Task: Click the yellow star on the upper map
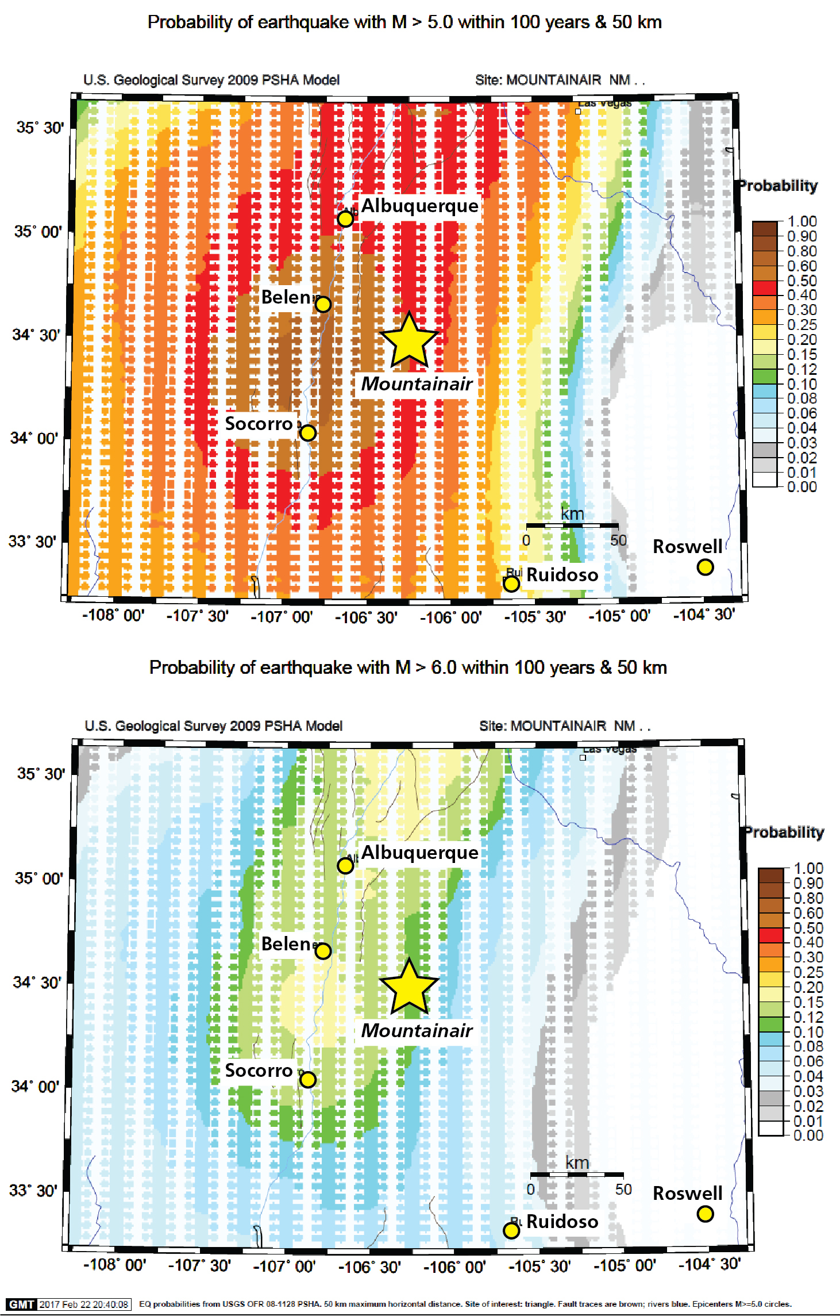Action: pos(409,341)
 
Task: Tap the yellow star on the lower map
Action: pos(409,988)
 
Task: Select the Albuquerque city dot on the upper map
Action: pos(345,219)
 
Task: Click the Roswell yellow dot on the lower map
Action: pos(705,1214)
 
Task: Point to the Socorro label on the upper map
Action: pos(259,424)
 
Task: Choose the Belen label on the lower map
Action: pos(286,944)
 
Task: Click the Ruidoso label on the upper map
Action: pos(562,575)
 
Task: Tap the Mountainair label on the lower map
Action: pos(417,1031)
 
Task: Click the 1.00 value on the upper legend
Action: pos(802,221)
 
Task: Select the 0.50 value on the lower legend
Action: pos(808,928)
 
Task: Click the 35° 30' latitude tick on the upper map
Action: pos(40,128)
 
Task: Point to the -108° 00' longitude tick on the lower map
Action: pos(115,1265)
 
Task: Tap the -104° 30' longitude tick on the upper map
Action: pos(704,615)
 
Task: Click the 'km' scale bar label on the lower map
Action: pos(577,1163)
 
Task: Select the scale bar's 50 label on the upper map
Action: pos(618,540)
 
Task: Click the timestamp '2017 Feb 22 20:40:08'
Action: pos(84,1305)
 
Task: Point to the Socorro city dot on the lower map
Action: pos(308,1080)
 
